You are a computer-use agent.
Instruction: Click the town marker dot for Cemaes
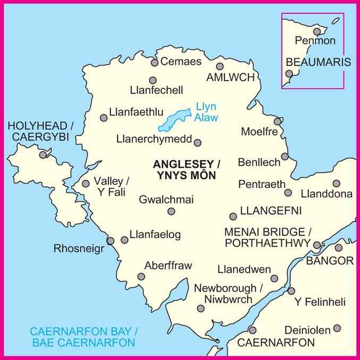click(154, 63)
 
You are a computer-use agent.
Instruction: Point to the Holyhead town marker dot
click(43, 155)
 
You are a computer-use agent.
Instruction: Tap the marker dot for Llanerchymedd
click(197, 143)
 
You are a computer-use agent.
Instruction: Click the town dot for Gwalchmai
click(171, 211)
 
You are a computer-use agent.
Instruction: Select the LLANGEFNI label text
click(271, 211)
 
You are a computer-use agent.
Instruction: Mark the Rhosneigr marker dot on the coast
click(111, 241)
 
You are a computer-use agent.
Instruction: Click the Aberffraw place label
click(168, 265)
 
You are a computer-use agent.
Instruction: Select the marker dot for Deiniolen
click(337, 329)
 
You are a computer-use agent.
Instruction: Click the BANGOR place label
click(330, 261)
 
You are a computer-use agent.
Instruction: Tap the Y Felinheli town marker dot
click(291, 290)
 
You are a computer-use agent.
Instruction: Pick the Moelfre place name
click(259, 131)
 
